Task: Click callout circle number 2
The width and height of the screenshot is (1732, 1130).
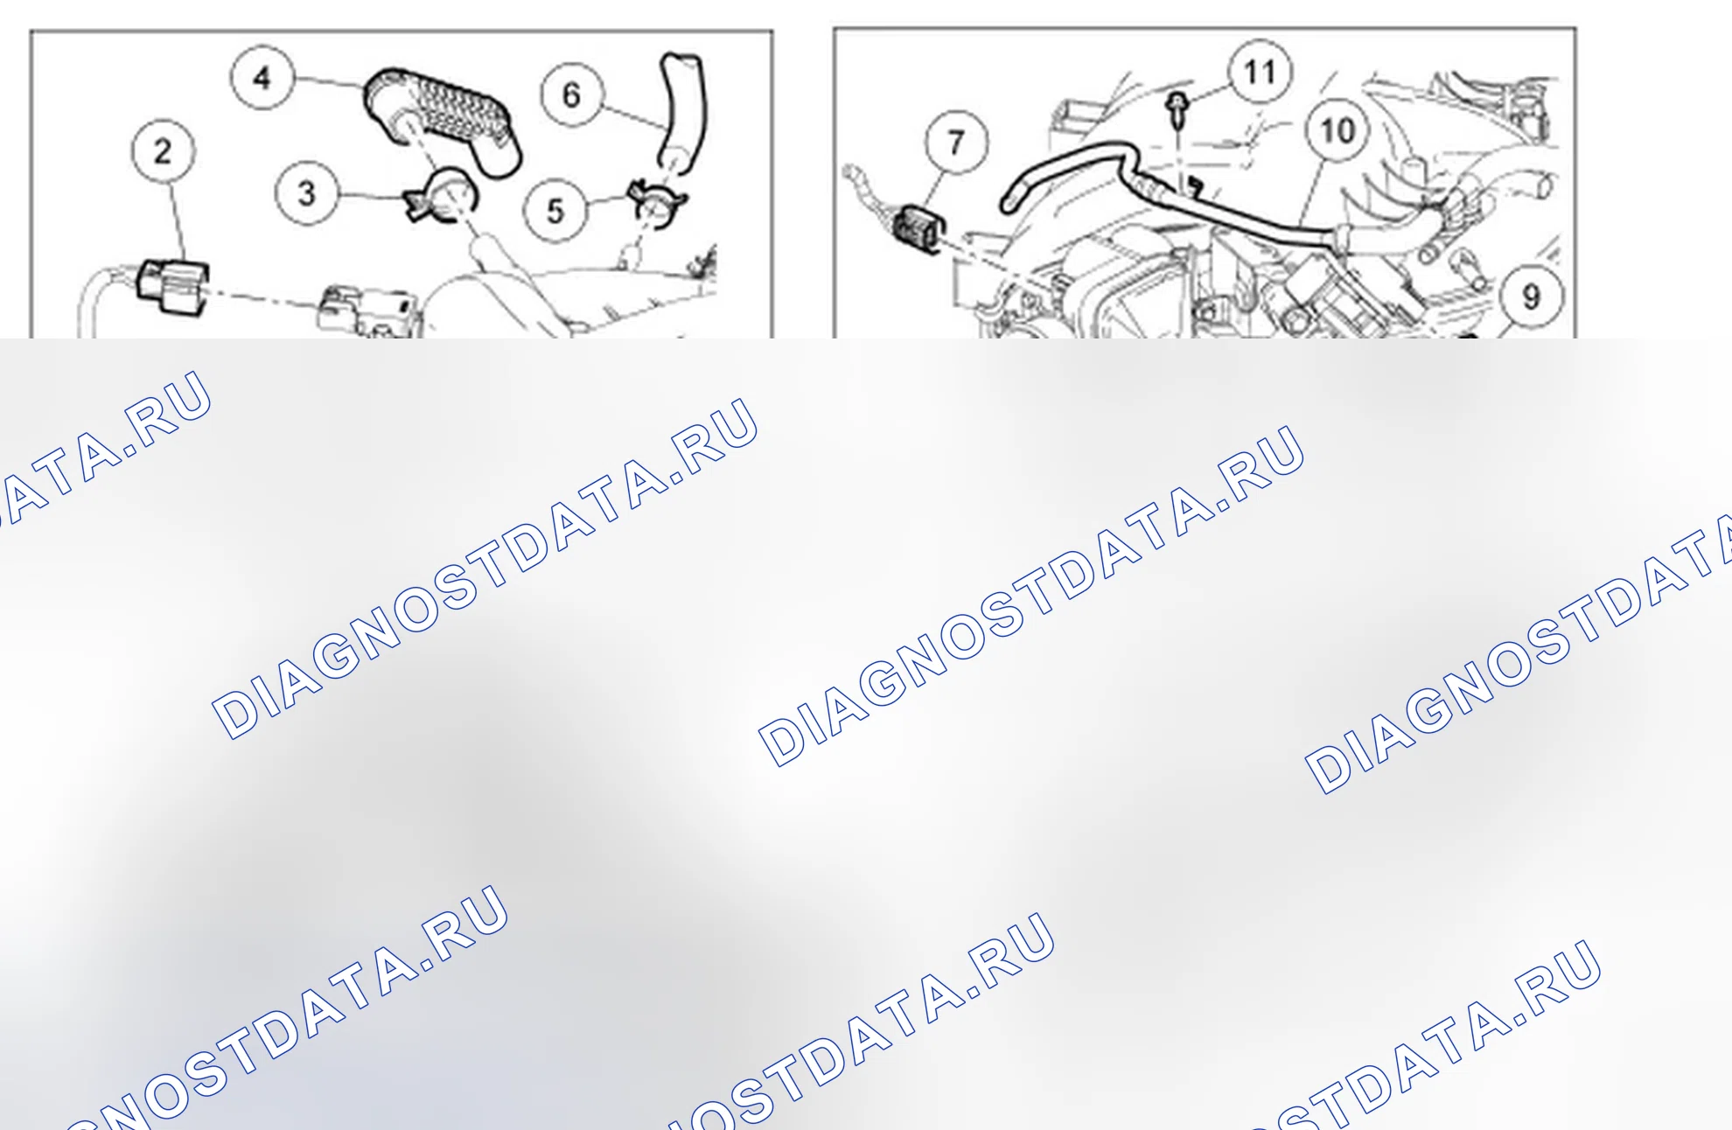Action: click(164, 151)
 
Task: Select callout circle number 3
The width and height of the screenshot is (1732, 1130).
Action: click(306, 193)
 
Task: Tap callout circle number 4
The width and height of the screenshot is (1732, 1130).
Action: click(262, 78)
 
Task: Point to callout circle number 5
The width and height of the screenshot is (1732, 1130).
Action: click(555, 211)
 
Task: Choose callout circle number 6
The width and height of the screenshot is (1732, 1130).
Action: click(572, 94)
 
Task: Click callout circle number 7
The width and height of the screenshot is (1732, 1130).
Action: click(957, 142)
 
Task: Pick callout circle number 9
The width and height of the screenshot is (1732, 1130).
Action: click(1531, 296)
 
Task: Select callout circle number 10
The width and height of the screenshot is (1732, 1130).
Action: click(1337, 131)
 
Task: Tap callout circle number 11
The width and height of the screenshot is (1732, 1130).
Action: click(1260, 72)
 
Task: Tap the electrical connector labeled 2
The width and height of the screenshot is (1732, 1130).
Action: click(172, 288)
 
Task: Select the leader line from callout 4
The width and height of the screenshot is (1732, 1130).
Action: click(329, 82)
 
